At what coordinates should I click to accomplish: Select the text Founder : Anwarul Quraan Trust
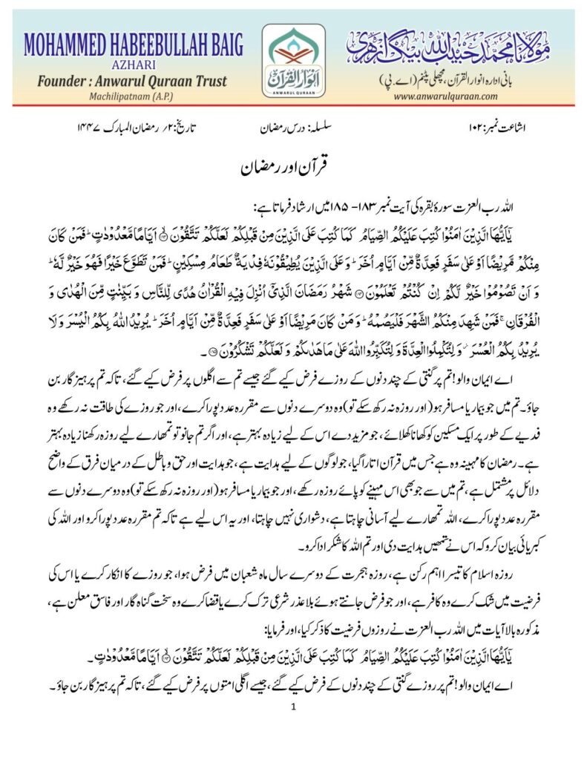(127, 82)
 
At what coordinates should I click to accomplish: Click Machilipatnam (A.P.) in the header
(127, 99)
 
